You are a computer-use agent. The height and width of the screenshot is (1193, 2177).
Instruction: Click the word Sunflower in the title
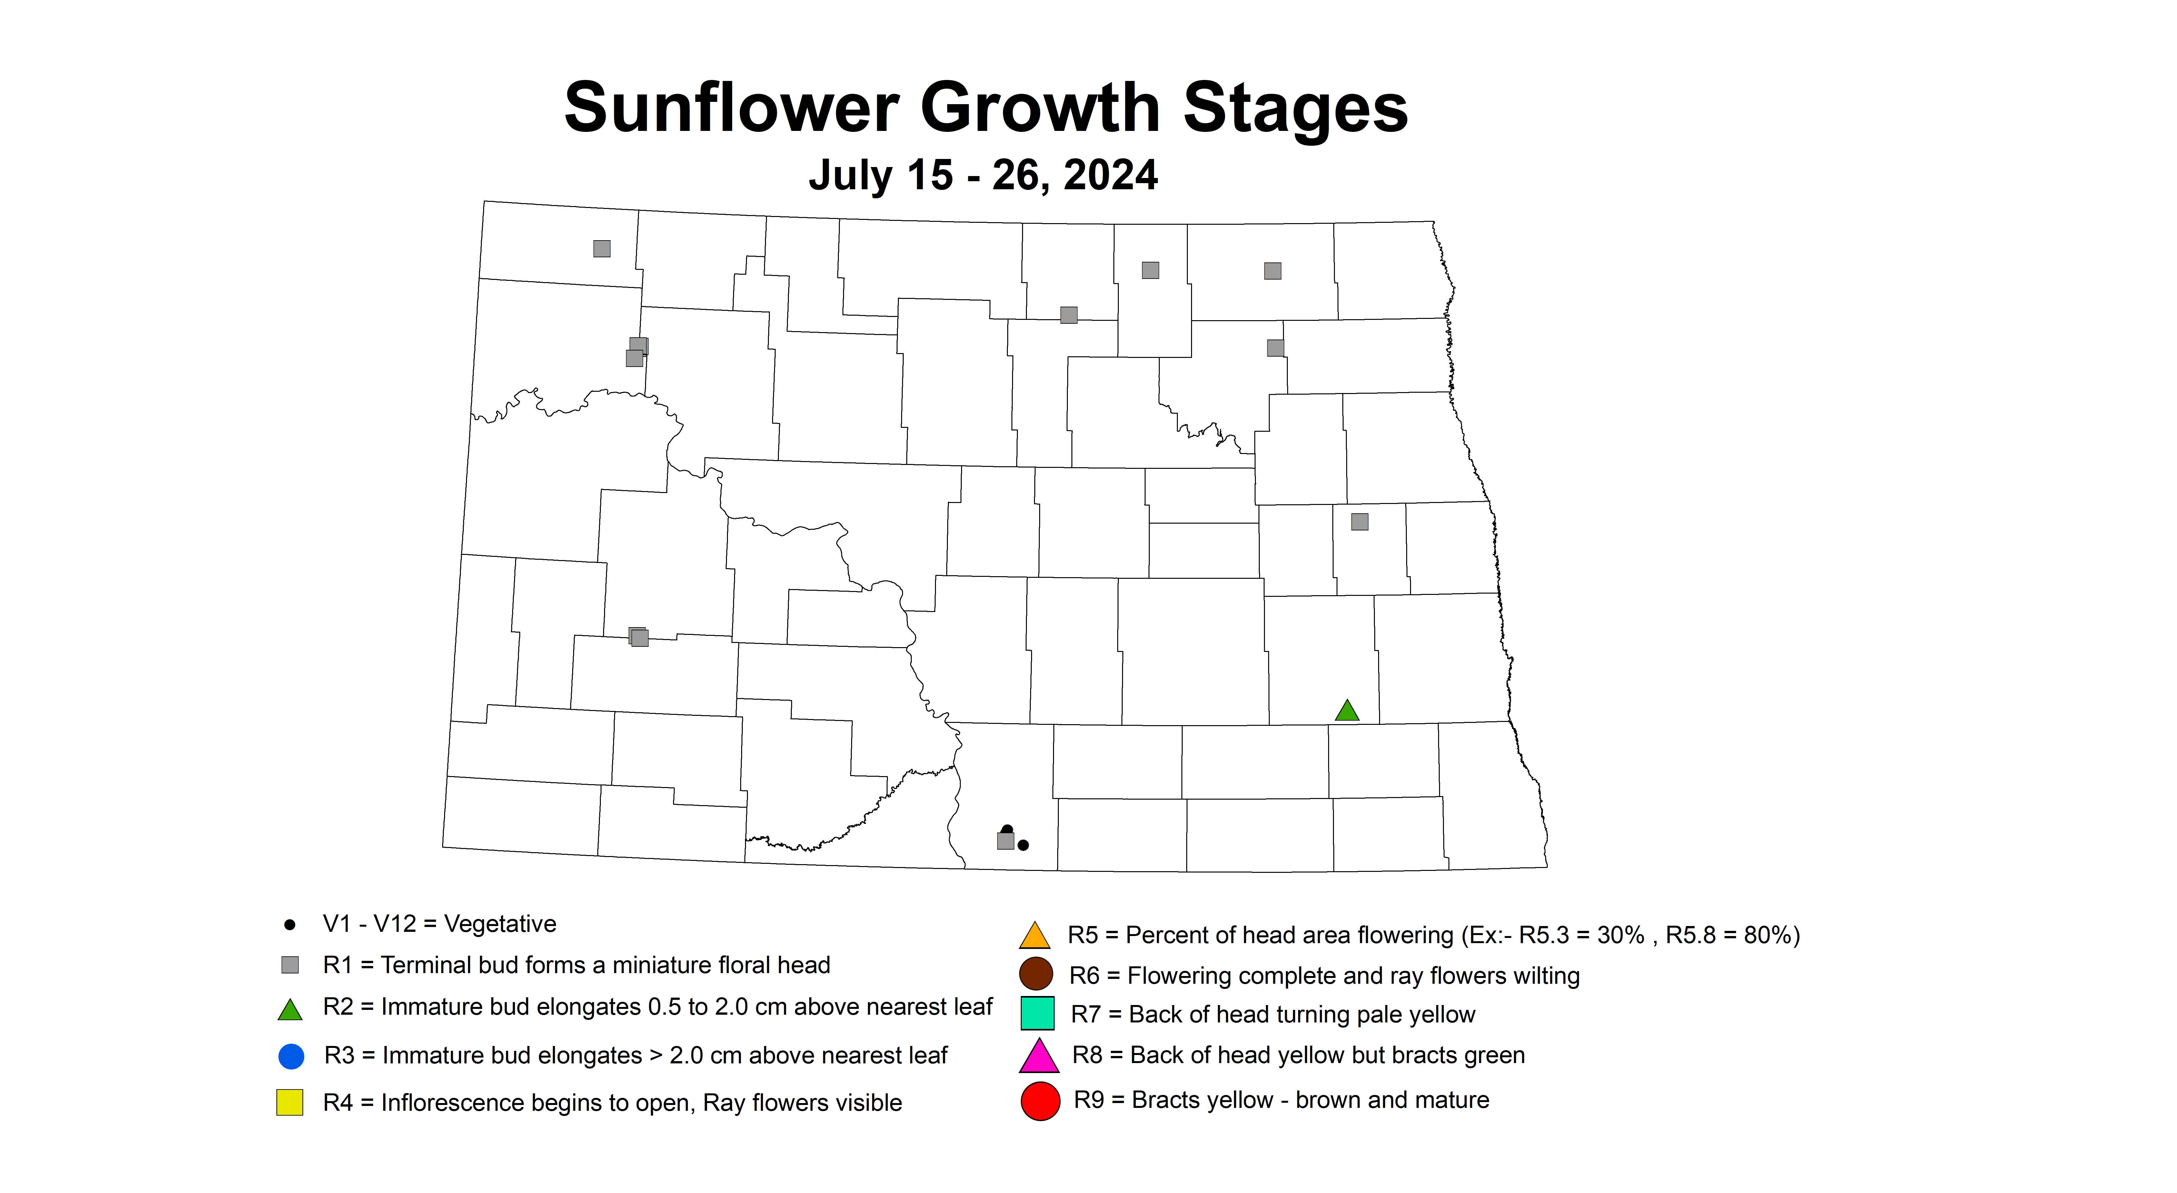click(731, 108)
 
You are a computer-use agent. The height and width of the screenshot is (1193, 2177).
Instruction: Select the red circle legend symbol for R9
click(1040, 1101)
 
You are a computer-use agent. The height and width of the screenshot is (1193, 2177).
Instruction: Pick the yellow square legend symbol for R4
click(290, 1103)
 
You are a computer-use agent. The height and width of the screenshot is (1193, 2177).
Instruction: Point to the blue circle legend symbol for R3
click(291, 1056)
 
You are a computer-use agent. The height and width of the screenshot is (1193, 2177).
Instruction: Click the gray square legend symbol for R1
click(290, 965)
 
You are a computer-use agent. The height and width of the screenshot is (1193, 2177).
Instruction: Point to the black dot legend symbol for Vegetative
click(290, 925)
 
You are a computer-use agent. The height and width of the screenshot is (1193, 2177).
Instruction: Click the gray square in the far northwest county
click(602, 248)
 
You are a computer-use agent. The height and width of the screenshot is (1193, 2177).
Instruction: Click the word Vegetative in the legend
click(500, 924)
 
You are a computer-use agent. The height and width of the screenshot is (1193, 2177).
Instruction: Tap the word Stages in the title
click(1295, 108)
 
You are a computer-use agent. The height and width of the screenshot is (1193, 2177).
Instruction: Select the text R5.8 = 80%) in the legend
click(1733, 935)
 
